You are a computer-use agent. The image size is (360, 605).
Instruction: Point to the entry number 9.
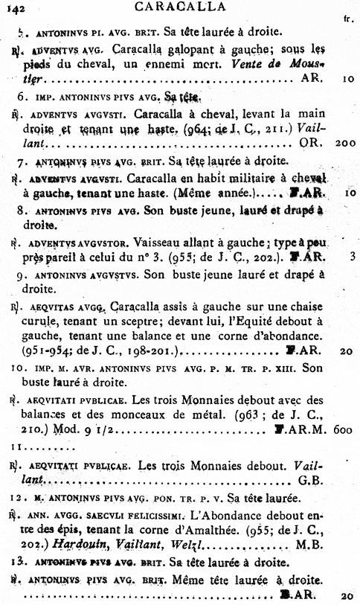(22, 275)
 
